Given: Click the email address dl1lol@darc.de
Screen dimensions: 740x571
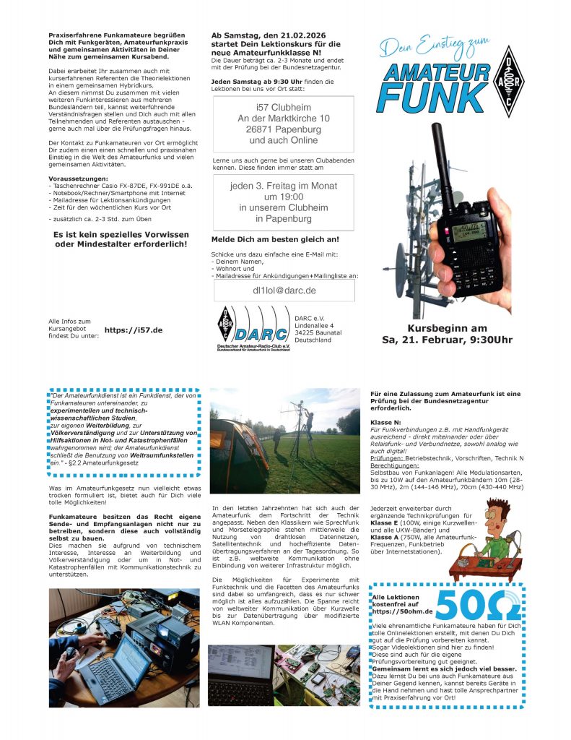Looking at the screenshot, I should (284, 291).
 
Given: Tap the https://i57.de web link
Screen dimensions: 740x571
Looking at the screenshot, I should (133, 330).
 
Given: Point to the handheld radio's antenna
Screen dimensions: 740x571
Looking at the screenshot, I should (440, 166).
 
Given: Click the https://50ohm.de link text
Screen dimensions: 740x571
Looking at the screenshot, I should (401, 611).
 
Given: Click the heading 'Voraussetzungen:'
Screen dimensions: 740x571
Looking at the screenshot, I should (77, 178).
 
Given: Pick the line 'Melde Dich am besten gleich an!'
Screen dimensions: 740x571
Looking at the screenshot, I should (274, 239).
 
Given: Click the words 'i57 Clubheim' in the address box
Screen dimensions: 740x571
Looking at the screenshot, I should (283, 107).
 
